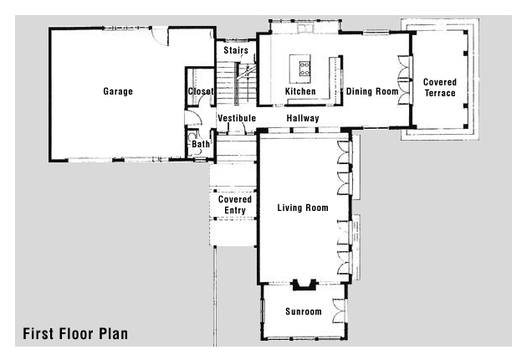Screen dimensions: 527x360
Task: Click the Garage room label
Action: click(118, 91)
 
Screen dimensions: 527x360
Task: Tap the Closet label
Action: click(201, 91)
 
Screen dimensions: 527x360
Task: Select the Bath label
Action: click(201, 144)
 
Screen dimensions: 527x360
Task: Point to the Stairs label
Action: click(236, 50)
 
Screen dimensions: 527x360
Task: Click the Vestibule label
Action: click(237, 118)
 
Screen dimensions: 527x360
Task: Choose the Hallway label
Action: click(303, 118)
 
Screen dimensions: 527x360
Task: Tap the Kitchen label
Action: click(300, 91)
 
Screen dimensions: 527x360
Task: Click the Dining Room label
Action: click(372, 91)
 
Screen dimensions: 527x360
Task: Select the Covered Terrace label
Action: click(440, 87)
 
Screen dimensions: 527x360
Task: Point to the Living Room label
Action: click(303, 208)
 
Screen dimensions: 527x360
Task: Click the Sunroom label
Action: click(304, 311)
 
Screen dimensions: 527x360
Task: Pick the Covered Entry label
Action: click(235, 204)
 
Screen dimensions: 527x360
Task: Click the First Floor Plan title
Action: click(75, 334)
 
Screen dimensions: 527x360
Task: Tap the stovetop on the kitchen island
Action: click(304, 69)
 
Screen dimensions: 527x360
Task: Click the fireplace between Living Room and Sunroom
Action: click(304, 285)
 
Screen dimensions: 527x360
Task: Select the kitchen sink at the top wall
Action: click(304, 28)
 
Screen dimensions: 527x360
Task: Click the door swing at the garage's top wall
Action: click(159, 36)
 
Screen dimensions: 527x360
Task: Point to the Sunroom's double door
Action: click(340, 311)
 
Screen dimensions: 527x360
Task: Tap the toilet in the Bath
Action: click(192, 137)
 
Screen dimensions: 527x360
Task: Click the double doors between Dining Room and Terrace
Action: click(405, 80)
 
